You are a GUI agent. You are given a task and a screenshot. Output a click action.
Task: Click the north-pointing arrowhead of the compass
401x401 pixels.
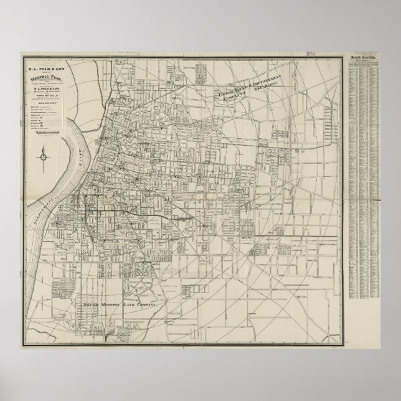(44, 149)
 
